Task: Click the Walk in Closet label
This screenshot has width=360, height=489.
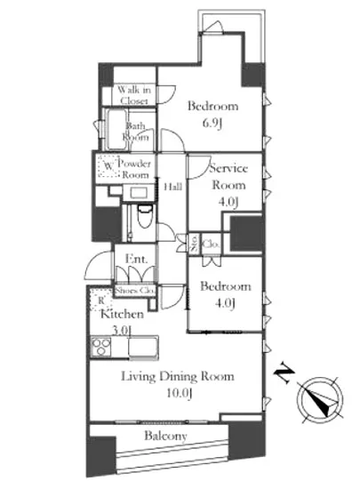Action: click(x=134, y=95)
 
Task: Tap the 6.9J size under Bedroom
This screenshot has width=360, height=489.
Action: click(x=212, y=124)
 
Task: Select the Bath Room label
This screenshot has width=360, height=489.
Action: click(x=136, y=132)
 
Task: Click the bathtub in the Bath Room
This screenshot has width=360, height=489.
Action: click(x=116, y=130)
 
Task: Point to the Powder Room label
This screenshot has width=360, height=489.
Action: click(x=134, y=169)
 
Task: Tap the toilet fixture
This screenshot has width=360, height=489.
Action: click(x=145, y=216)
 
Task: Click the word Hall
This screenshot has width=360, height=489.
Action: click(x=173, y=187)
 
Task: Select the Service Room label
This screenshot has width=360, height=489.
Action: click(x=228, y=177)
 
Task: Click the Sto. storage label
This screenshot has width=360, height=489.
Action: click(x=195, y=244)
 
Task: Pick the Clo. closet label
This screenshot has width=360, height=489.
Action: click(x=211, y=244)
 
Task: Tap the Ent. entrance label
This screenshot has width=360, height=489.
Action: click(x=136, y=259)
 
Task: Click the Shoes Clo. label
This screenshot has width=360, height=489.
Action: click(x=134, y=291)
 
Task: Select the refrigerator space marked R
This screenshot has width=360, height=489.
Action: click(x=101, y=300)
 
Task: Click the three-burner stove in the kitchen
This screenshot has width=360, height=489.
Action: click(x=101, y=347)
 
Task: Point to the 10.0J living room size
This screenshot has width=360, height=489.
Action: click(x=180, y=393)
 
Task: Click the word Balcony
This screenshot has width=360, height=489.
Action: click(x=165, y=436)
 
